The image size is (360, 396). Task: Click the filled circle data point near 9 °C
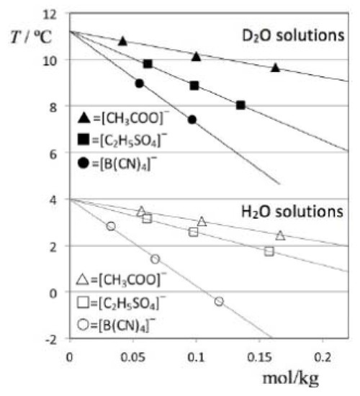point(140,84)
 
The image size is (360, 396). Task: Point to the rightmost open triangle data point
point(280,235)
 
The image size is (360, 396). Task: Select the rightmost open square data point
point(269,251)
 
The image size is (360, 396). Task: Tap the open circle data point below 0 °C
point(219,301)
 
